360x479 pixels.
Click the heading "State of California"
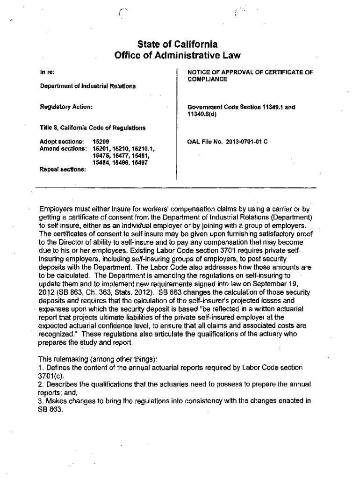coord(178,45)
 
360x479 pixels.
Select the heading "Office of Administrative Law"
coord(178,56)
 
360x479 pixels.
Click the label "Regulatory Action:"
coord(65,107)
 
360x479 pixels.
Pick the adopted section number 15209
coord(101,140)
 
